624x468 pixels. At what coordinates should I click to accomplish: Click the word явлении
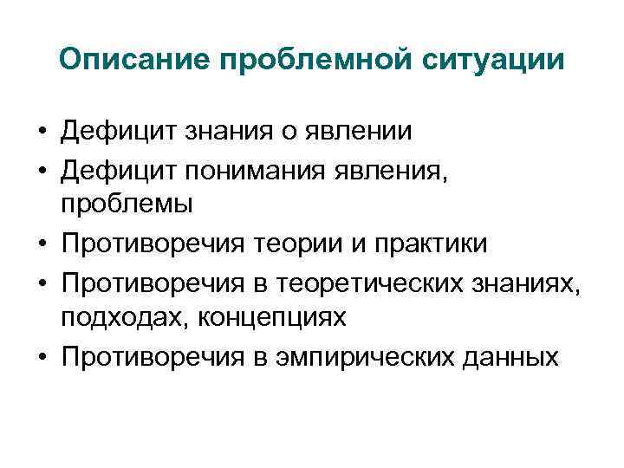(361, 132)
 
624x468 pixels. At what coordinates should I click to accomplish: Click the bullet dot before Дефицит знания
(42, 133)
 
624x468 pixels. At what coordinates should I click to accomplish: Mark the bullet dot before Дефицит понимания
(42, 171)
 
